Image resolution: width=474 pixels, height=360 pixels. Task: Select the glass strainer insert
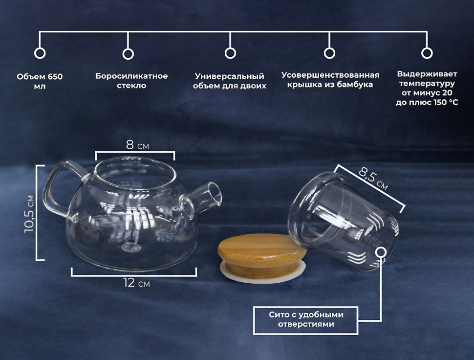(x=343, y=221)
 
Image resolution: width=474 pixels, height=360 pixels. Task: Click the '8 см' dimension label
(x=137, y=145)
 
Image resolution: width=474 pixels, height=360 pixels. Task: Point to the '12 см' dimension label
(x=136, y=283)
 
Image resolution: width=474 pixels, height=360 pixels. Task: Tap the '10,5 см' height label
(x=29, y=214)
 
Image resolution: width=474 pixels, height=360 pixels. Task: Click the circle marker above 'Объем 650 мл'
(x=40, y=53)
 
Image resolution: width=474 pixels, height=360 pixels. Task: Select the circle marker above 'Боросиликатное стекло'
(x=128, y=54)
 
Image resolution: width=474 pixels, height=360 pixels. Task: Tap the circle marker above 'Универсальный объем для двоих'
(x=230, y=53)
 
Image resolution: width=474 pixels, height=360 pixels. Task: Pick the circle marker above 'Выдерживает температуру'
(x=427, y=53)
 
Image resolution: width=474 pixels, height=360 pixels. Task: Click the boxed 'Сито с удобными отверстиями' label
(x=306, y=320)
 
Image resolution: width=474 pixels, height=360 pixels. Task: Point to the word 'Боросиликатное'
(x=131, y=76)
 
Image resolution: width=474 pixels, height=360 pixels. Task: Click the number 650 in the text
(x=55, y=76)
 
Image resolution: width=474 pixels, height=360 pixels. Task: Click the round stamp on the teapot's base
(x=131, y=248)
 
